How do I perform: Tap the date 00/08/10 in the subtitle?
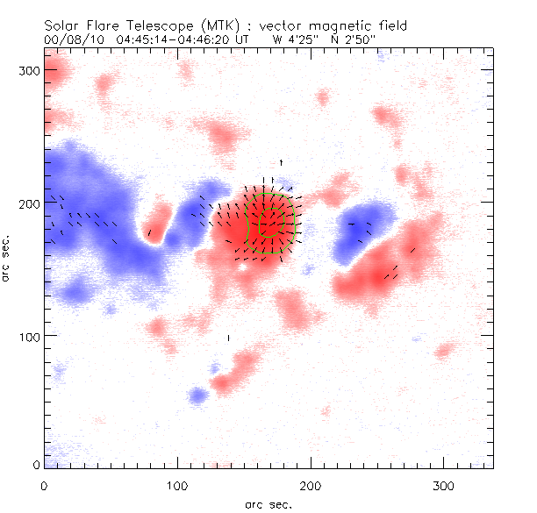(x=70, y=39)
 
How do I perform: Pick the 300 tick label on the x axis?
(x=443, y=485)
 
